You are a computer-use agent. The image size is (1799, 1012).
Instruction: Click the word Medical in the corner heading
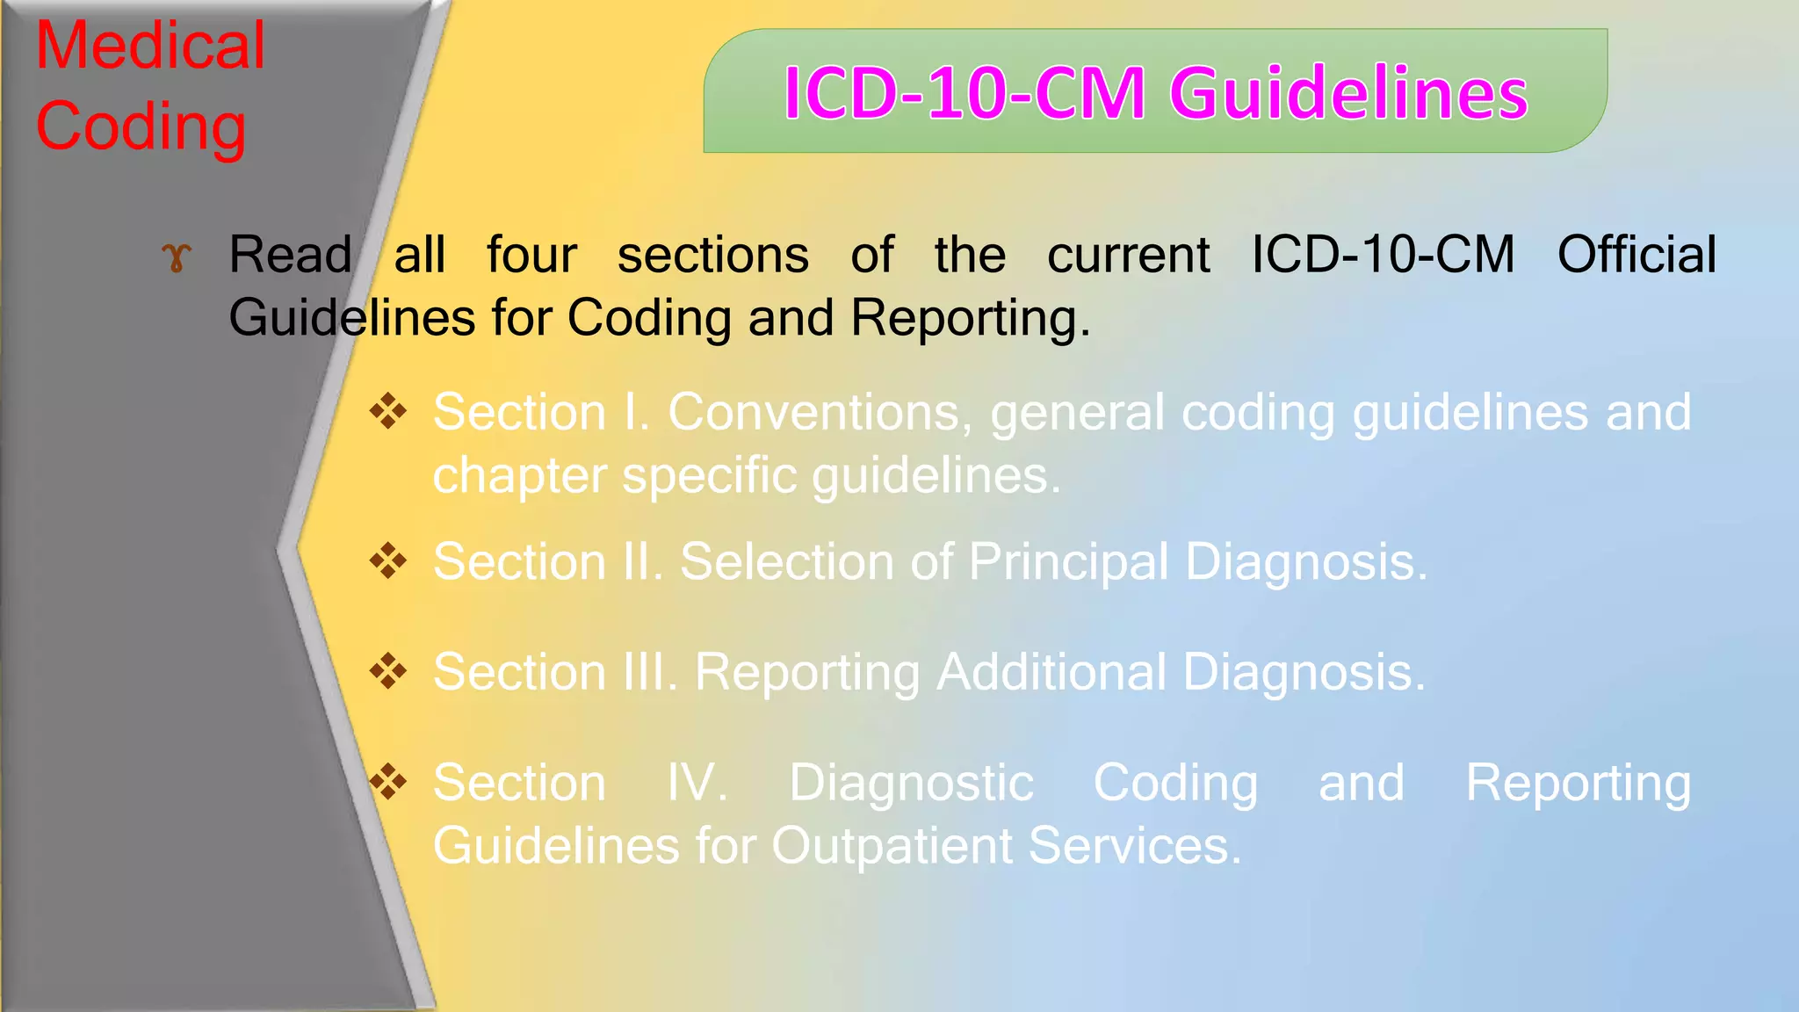149,46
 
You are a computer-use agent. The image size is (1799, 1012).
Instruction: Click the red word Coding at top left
141,126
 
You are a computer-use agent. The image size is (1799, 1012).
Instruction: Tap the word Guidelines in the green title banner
1348,93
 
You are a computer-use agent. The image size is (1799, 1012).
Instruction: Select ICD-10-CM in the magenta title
964,93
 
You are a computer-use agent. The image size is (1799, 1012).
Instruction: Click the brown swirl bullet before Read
176,257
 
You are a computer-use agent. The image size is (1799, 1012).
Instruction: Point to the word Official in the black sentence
1636,255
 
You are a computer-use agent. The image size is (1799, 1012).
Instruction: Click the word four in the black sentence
531,255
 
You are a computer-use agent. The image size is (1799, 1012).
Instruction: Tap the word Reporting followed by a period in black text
970,318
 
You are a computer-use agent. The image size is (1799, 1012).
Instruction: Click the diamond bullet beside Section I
387,411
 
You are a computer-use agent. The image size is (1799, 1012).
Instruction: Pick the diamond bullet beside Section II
387,560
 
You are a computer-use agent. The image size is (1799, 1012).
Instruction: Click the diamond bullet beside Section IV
387,781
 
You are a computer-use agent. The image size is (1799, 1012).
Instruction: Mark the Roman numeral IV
697,783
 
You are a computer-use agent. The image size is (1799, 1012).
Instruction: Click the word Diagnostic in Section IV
911,783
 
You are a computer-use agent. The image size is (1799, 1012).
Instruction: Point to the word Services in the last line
1134,846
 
